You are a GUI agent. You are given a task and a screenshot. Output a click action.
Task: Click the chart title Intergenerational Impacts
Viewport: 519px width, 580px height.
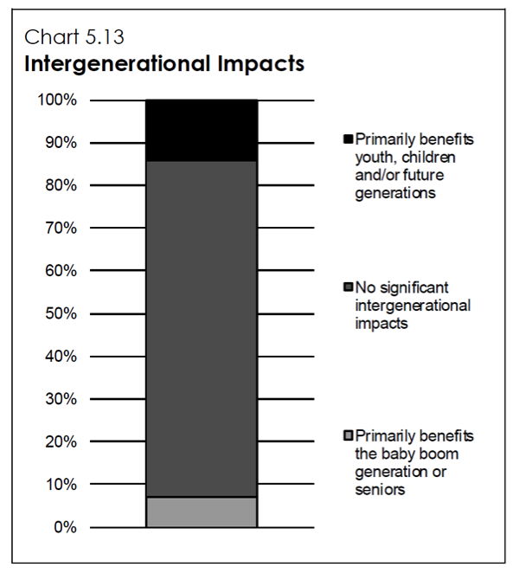pyautogui.click(x=163, y=65)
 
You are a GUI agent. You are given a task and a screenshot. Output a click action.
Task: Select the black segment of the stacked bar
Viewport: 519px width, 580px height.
pyautogui.click(x=202, y=131)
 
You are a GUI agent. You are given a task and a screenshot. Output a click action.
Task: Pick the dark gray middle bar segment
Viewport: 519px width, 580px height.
pyautogui.click(x=202, y=329)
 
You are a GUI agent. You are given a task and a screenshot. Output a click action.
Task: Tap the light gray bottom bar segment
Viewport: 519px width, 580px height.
pyautogui.click(x=202, y=512)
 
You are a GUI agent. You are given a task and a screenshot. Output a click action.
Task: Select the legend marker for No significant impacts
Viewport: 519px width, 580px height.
pyautogui.click(x=349, y=287)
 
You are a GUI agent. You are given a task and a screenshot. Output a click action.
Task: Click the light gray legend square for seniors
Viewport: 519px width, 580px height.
pyautogui.click(x=349, y=435)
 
